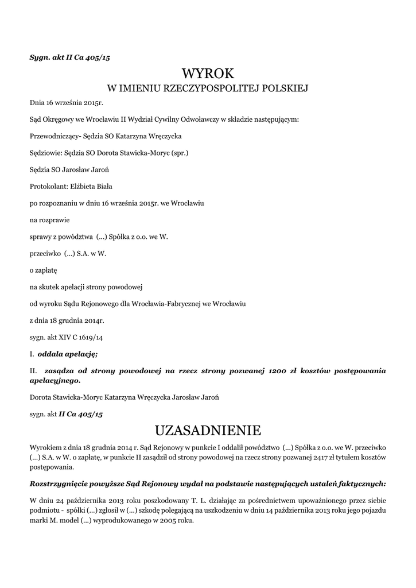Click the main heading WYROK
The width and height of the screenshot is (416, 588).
click(x=208, y=73)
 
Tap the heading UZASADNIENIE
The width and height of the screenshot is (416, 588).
click(x=208, y=430)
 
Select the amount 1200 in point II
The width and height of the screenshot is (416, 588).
click(x=277, y=371)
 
